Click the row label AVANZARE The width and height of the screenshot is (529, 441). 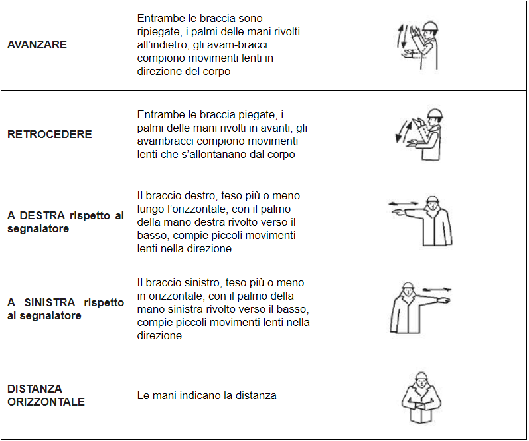(x=37, y=44)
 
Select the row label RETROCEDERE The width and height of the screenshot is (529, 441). (x=49, y=134)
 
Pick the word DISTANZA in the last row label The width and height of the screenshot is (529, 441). (x=35, y=389)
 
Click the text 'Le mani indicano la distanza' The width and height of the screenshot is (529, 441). (x=206, y=395)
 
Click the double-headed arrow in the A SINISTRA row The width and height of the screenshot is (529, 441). (x=437, y=289)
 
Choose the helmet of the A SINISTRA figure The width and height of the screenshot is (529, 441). (x=408, y=286)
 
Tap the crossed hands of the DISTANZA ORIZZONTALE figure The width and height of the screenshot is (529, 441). (x=421, y=405)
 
